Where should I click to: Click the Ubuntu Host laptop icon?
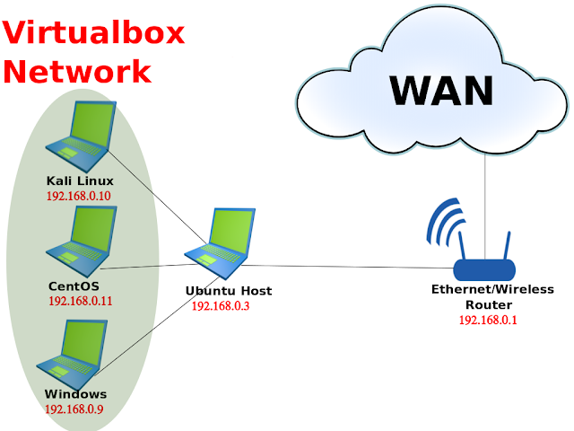220,242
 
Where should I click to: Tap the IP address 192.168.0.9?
76,409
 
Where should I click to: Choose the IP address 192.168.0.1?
490,320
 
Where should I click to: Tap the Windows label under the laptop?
75,394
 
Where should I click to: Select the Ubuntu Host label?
228,291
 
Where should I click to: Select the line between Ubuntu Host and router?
350,267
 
